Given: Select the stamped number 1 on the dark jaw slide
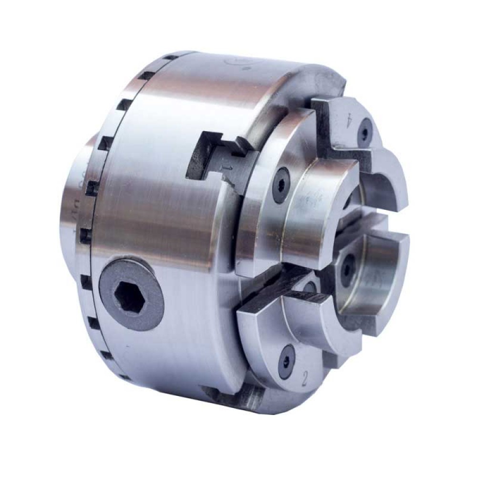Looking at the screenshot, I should (228, 168).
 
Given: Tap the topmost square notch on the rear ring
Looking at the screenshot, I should (169, 58).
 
